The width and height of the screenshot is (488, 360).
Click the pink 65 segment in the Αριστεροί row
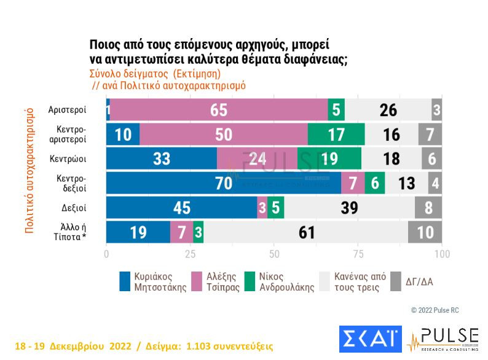(219, 110)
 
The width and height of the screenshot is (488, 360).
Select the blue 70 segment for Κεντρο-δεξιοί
(223, 183)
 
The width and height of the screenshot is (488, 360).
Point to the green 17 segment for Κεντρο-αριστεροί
(336, 135)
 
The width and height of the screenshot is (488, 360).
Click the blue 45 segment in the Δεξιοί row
(182, 208)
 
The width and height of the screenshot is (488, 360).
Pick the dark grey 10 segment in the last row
(425, 232)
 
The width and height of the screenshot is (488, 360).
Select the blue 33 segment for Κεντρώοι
(162, 158)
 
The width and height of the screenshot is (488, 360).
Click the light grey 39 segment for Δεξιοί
(349, 208)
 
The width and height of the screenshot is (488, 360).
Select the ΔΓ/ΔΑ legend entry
(412, 281)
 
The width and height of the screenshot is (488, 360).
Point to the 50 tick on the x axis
(274, 253)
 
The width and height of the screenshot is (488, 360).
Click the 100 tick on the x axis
(441, 253)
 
